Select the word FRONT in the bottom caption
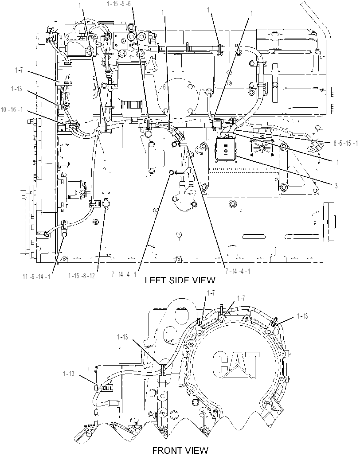click(166, 451)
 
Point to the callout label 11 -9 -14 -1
click(37, 277)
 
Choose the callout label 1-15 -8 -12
click(82, 275)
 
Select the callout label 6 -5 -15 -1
click(346, 144)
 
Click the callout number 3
click(336, 186)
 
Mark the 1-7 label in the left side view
click(19, 70)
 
